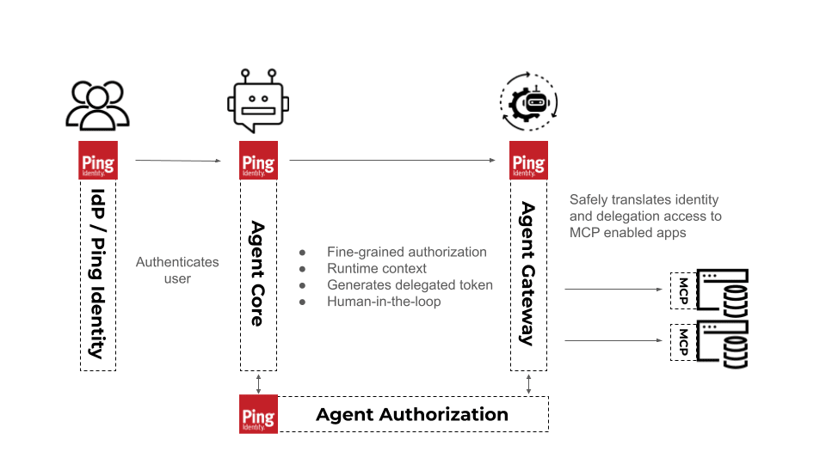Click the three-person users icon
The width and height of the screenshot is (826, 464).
tap(97, 105)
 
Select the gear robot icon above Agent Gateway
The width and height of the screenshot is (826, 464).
tap(528, 101)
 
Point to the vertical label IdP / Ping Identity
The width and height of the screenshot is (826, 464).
tap(97, 273)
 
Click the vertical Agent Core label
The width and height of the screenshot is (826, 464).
tap(257, 273)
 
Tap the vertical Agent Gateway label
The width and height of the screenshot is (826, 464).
tap(527, 273)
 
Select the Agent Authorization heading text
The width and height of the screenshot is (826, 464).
tap(412, 414)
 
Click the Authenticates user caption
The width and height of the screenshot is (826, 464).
tap(177, 270)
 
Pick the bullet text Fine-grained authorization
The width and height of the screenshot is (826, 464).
tap(407, 252)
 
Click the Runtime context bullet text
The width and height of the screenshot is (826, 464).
tap(377, 268)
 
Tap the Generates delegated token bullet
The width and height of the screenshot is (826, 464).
tap(410, 284)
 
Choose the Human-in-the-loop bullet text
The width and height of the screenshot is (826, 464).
tap(384, 302)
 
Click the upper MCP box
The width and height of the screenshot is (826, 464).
tap(683, 290)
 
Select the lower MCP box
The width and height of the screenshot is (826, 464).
tap(683, 341)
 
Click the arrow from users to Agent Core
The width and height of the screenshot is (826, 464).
tap(178, 161)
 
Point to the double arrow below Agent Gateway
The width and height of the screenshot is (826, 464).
tap(529, 384)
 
